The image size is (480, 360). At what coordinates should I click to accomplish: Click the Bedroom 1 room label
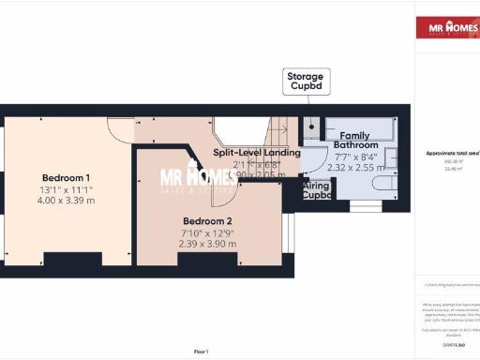[67, 178]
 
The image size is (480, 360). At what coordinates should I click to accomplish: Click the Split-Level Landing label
[256, 152]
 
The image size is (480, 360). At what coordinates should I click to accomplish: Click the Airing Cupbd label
[317, 190]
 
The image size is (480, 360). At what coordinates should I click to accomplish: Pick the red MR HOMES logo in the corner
[447, 26]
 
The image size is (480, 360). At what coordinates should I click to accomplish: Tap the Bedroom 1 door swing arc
[120, 131]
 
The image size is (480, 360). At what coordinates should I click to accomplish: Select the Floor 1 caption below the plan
[201, 351]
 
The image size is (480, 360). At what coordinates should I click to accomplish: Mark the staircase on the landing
[277, 131]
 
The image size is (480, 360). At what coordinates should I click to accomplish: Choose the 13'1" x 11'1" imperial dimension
[67, 189]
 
